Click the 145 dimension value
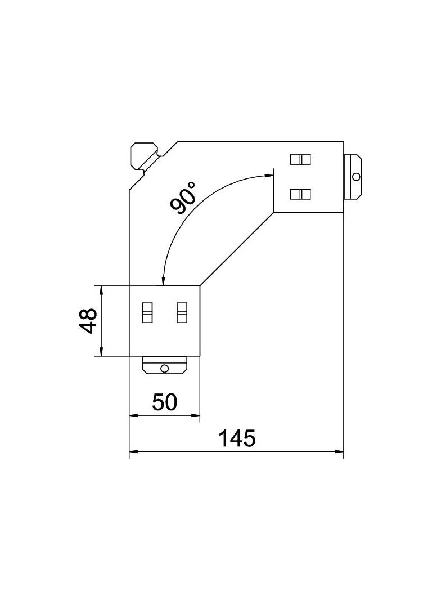tap(236, 438)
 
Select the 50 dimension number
tap(164, 402)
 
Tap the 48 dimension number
tap(89, 321)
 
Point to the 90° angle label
tap(183, 198)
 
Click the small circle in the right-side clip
tap(357, 176)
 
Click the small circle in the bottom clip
tap(164, 369)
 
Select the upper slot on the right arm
tap(300, 159)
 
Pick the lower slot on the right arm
tap(300, 194)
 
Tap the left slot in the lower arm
tap(147, 312)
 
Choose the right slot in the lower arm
tap(182, 312)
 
